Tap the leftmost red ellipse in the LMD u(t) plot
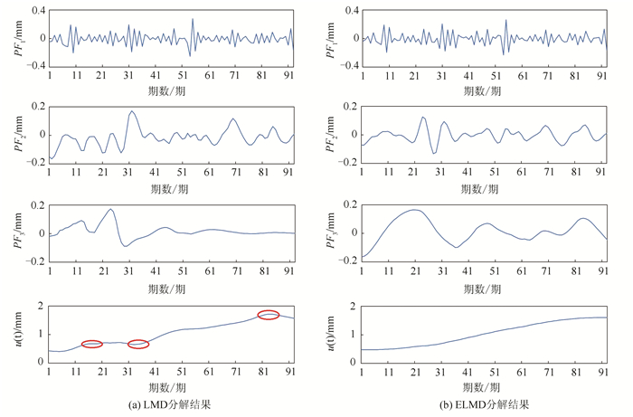click(x=92, y=344)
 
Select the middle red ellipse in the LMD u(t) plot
click(x=138, y=344)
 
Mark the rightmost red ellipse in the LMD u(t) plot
click(x=269, y=315)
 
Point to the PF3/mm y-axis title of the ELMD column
click(x=331, y=233)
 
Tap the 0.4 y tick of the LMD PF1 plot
click(x=35, y=11)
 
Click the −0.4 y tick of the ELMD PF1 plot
click(x=345, y=67)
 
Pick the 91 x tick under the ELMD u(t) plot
click(x=601, y=372)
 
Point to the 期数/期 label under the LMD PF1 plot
click(x=171, y=90)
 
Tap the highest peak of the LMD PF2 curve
click(x=132, y=111)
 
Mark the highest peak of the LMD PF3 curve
click(x=111, y=210)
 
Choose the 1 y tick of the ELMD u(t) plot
click(x=353, y=334)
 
